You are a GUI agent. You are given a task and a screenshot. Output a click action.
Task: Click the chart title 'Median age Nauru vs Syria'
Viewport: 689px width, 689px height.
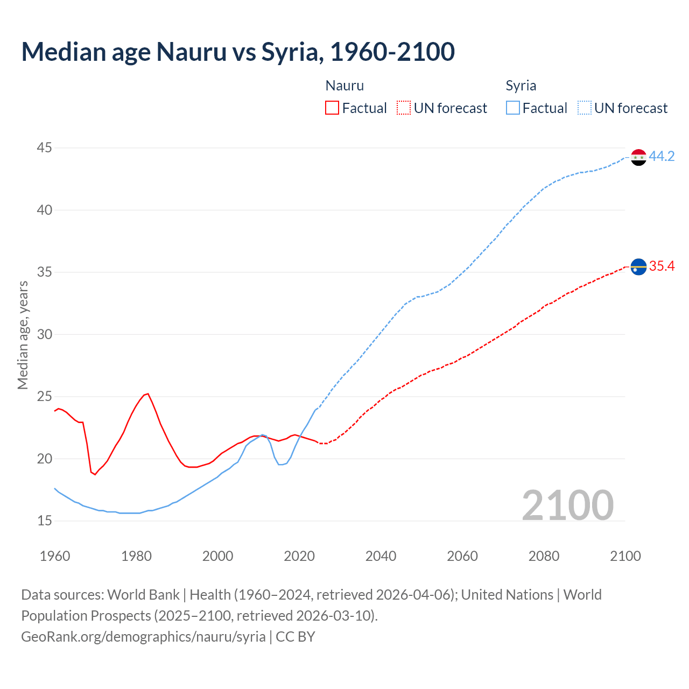[238, 52]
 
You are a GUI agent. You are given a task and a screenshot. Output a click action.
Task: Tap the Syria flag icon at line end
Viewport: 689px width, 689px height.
[638, 157]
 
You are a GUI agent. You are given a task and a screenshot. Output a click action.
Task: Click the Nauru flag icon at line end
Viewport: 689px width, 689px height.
[638, 266]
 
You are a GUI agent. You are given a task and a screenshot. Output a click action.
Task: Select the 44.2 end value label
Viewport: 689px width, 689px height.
[662, 157]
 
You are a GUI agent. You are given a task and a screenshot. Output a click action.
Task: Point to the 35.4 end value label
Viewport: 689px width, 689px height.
[662, 266]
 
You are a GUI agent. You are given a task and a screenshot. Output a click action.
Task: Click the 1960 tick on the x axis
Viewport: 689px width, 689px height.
[55, 556]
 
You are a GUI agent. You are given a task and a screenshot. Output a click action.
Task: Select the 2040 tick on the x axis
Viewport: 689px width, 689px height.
[381, 556]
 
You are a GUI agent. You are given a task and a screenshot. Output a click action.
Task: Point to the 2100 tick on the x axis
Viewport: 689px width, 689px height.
[625, 556]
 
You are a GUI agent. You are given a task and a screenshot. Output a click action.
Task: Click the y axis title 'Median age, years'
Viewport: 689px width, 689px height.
[23, 335]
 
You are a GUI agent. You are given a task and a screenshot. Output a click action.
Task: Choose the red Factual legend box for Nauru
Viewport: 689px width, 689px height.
[332, 108]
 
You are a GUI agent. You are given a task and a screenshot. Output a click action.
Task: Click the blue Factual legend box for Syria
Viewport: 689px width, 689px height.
[512, 108]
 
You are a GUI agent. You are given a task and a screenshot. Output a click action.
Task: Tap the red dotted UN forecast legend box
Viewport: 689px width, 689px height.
[404, 108]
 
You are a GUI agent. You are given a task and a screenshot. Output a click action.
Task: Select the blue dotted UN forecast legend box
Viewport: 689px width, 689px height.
[584, 108]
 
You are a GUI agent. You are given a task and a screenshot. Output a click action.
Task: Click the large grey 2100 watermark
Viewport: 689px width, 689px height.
[567, 505]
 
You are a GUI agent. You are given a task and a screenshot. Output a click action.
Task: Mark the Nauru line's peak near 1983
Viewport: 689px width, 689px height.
[147, 393]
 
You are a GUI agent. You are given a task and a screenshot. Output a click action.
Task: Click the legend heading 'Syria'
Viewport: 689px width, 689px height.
[521, 86]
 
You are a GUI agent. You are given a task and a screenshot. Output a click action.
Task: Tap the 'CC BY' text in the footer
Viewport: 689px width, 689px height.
[295, 637]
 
